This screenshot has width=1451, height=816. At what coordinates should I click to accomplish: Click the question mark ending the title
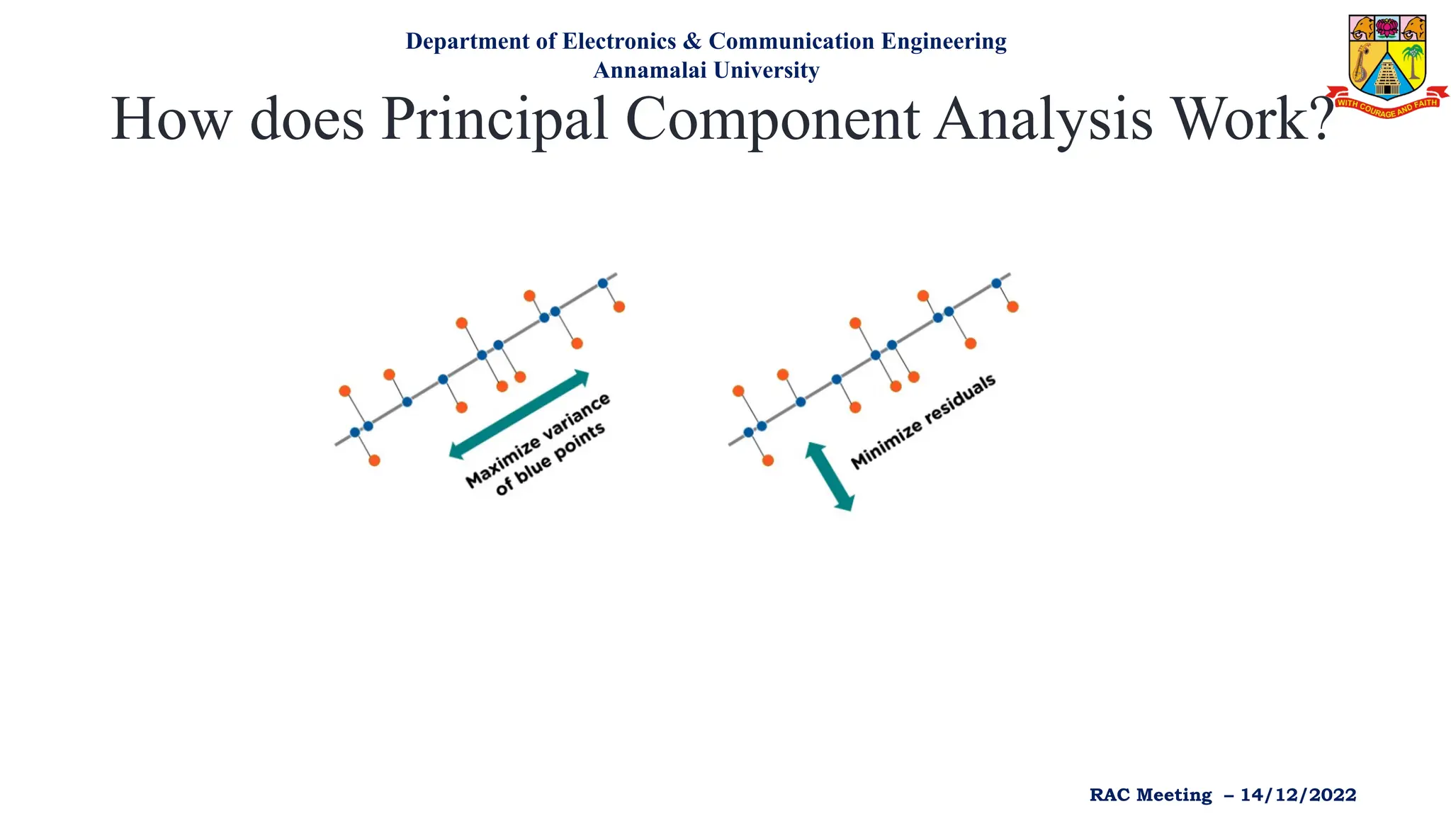click(x=1319, y=119)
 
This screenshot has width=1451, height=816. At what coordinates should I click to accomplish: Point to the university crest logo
click(x=1387, y=57)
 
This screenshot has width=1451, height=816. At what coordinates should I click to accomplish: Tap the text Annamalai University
click(x=706, y=70)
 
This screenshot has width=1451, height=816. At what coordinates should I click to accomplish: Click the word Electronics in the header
click(x=619, y=41)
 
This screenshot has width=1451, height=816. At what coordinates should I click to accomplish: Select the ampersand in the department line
click(x=691, y=41)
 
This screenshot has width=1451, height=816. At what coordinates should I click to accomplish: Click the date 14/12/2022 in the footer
click(x=1298, y=795)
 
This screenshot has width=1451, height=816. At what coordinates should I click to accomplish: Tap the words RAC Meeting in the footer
click(x=1151, y=795)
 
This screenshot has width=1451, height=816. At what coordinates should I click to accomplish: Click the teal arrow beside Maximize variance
click(x=519, y=414)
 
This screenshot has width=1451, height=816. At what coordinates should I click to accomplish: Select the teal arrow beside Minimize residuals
click(x=829, y=477)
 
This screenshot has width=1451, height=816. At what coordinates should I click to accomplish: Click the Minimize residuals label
click(x=923, y=422)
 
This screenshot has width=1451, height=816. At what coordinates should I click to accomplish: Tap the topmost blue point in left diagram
click(x=603, y=283)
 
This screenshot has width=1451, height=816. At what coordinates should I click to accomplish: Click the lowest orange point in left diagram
click(x=375, y=460)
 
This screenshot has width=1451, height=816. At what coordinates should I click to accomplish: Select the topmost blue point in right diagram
click(x=996, y=283)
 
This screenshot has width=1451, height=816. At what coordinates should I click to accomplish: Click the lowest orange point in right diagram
click(x=768, y=460)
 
